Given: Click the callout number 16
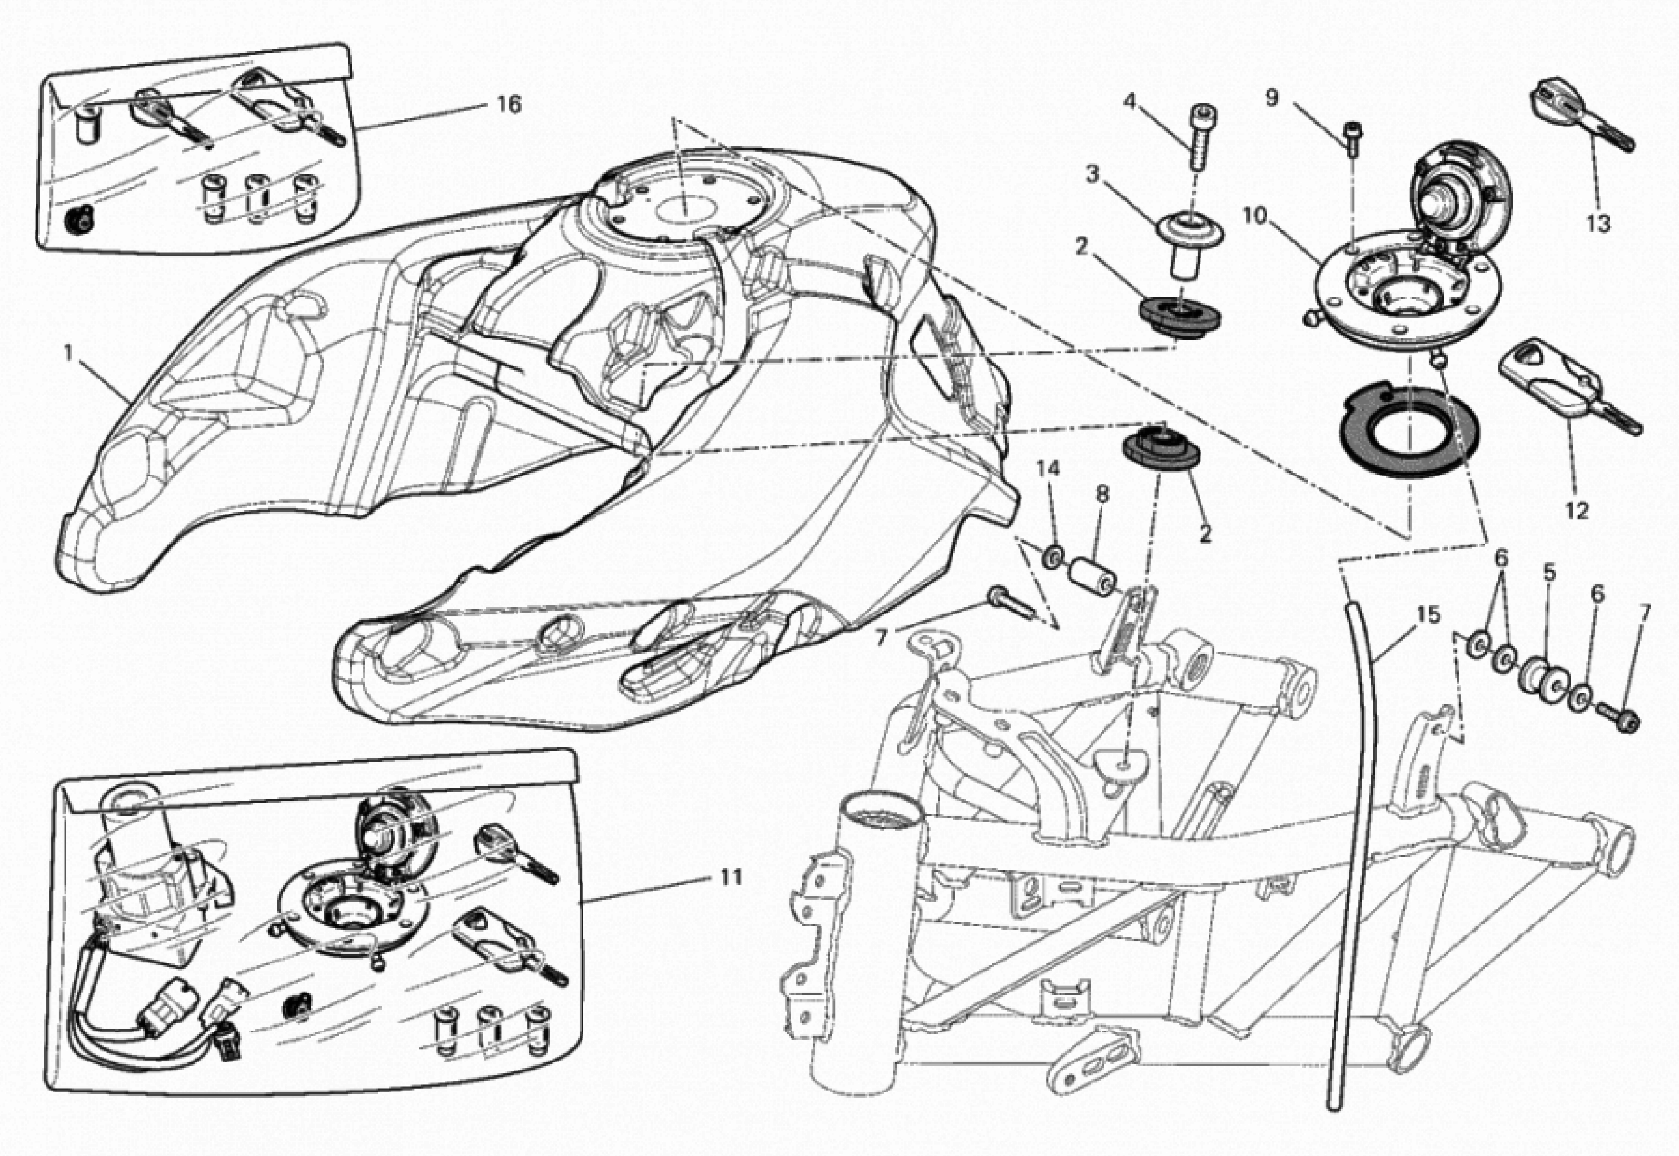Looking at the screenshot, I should pyautogui.click(x=509, y=105).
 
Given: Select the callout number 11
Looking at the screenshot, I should pyautogui.click(x=732, y=877).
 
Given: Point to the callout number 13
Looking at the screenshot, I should pyautogui.click(x=1598, y=224).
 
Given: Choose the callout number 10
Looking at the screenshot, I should pyautogui.click(x=1254, y=216).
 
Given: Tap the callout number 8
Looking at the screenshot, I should pyautogui.click(x=1101, y=495).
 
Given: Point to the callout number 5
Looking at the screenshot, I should pyautogui.click(x=1548, y=573).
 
